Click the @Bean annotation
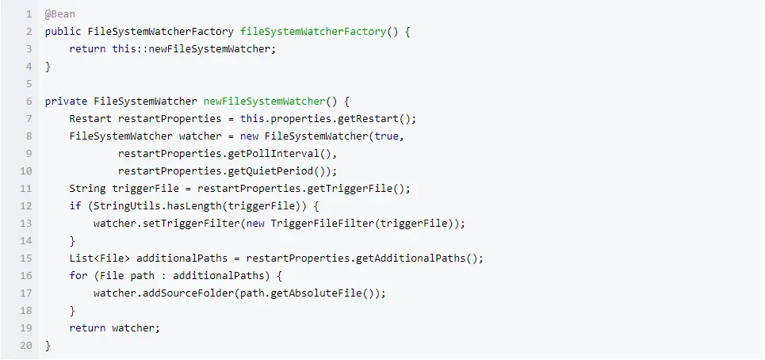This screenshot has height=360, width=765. pyautogui.click(x=60, y=14)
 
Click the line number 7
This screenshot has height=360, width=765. pyautogui.click(x=28, y=119)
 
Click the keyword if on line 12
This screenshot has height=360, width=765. pyautogui.click(x=75, y=206)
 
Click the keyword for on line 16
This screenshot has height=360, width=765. pyautogui.click(x=78, y=276)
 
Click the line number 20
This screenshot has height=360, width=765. pyautogui.click(x=26, y=346)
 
